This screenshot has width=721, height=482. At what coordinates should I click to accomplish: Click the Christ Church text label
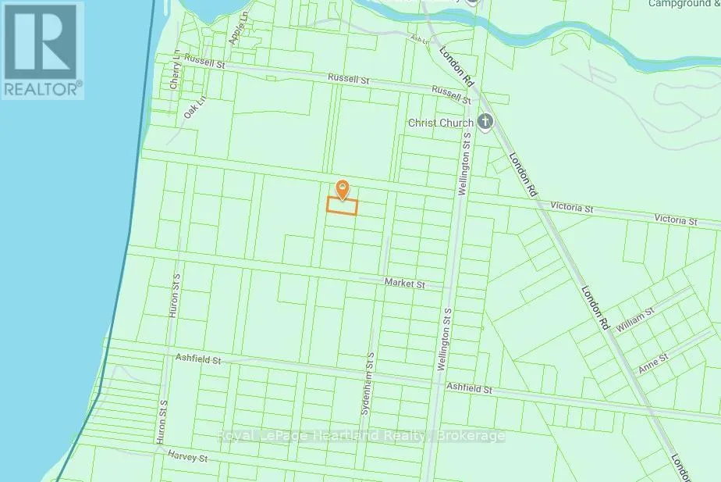pos(441,123)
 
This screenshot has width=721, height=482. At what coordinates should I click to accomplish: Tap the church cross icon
pos(485,123)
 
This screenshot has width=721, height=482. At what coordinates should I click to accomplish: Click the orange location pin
pos(342,189)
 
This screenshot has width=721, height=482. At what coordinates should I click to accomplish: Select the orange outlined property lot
pos(341,206)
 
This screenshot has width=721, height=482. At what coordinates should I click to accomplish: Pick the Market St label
pos(403,285)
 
